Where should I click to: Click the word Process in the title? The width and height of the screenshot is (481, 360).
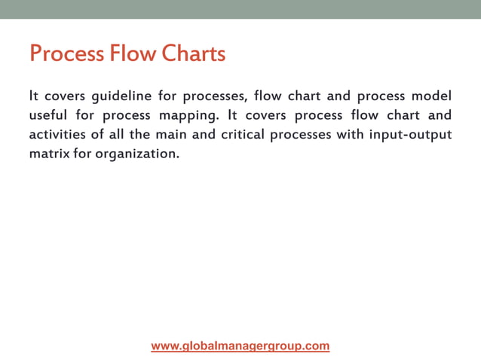66,54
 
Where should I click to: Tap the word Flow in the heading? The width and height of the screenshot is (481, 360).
133,54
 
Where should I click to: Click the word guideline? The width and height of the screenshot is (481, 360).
121,97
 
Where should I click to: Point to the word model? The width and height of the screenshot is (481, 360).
432,97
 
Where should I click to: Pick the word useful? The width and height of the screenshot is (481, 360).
47,116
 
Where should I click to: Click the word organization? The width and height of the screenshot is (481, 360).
136,154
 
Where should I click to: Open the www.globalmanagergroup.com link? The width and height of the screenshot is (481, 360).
240,346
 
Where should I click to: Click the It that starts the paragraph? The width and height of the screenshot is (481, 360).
33,97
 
